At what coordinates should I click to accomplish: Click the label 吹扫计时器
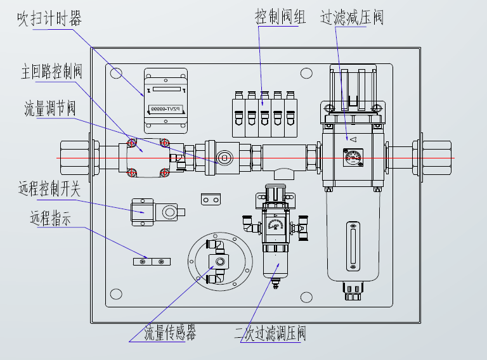click(x=49, y=20)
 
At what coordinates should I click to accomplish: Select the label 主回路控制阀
click(x=52, y=72)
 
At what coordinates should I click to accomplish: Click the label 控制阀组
click(x=280, y=17)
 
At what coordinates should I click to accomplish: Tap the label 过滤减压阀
click(x=352, y=17)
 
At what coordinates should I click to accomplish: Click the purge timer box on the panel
click(x=166, y=101)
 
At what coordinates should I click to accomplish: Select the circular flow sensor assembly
click(x=219, y=261)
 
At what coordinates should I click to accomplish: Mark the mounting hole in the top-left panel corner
click(x=115, y=74)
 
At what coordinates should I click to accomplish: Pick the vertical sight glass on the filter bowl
click(x=353, y=243)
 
